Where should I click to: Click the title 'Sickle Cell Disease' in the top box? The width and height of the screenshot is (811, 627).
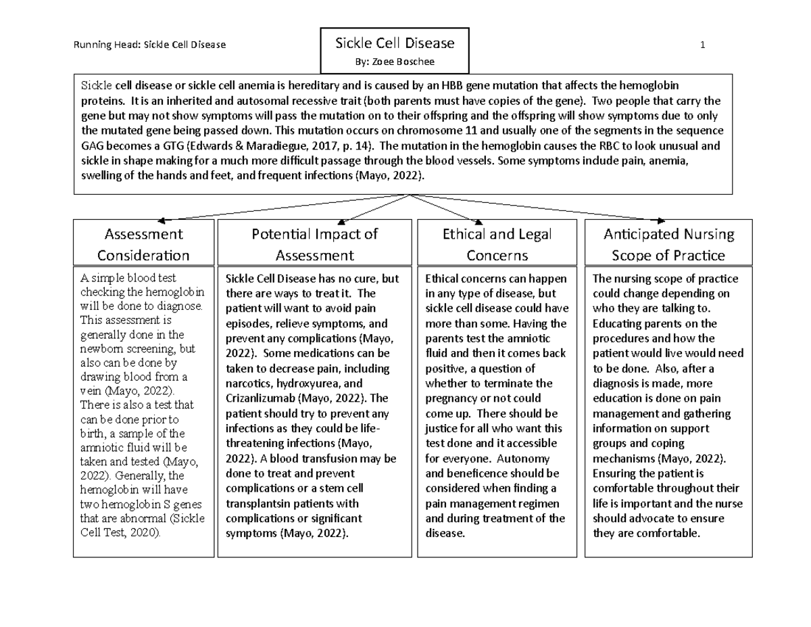click(x=395, y=43)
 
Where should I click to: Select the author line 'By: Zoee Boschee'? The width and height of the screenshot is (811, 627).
click(x=395, y=62)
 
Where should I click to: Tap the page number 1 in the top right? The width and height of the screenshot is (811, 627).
click(x=703, y=45)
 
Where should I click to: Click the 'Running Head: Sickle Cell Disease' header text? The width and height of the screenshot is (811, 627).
click(x=149, y=45)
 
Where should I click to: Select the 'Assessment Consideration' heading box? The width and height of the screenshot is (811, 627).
click(x=143, y=244)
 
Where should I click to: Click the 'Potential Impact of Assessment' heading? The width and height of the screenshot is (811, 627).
click(x=314, y=244)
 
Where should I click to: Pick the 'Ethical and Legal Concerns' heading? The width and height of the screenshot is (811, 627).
click(x=497, y=244)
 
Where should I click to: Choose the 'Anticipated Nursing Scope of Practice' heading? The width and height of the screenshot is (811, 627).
click(x=668, y=244)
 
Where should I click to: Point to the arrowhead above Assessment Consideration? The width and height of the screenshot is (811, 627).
click(x=162, y=219)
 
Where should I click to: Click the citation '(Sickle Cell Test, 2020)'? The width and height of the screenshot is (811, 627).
click(x=143, y=526)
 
